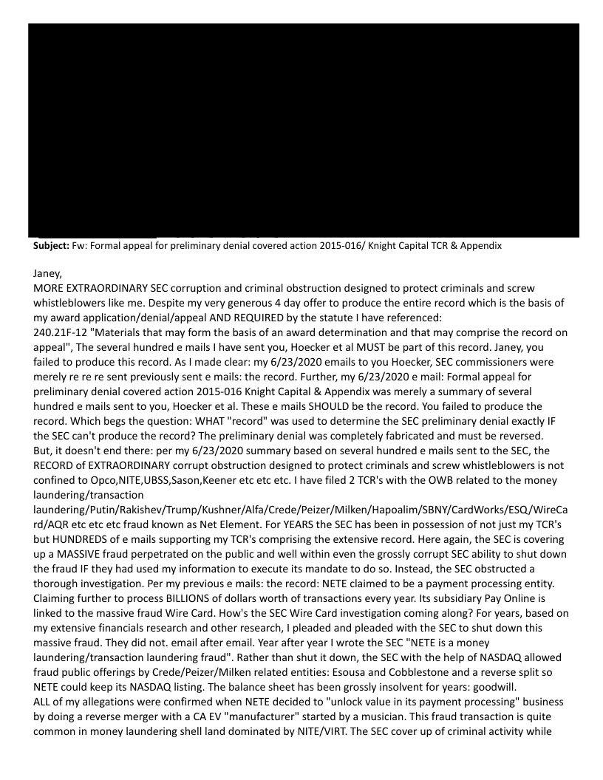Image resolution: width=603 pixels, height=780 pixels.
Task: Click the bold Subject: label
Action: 47,247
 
